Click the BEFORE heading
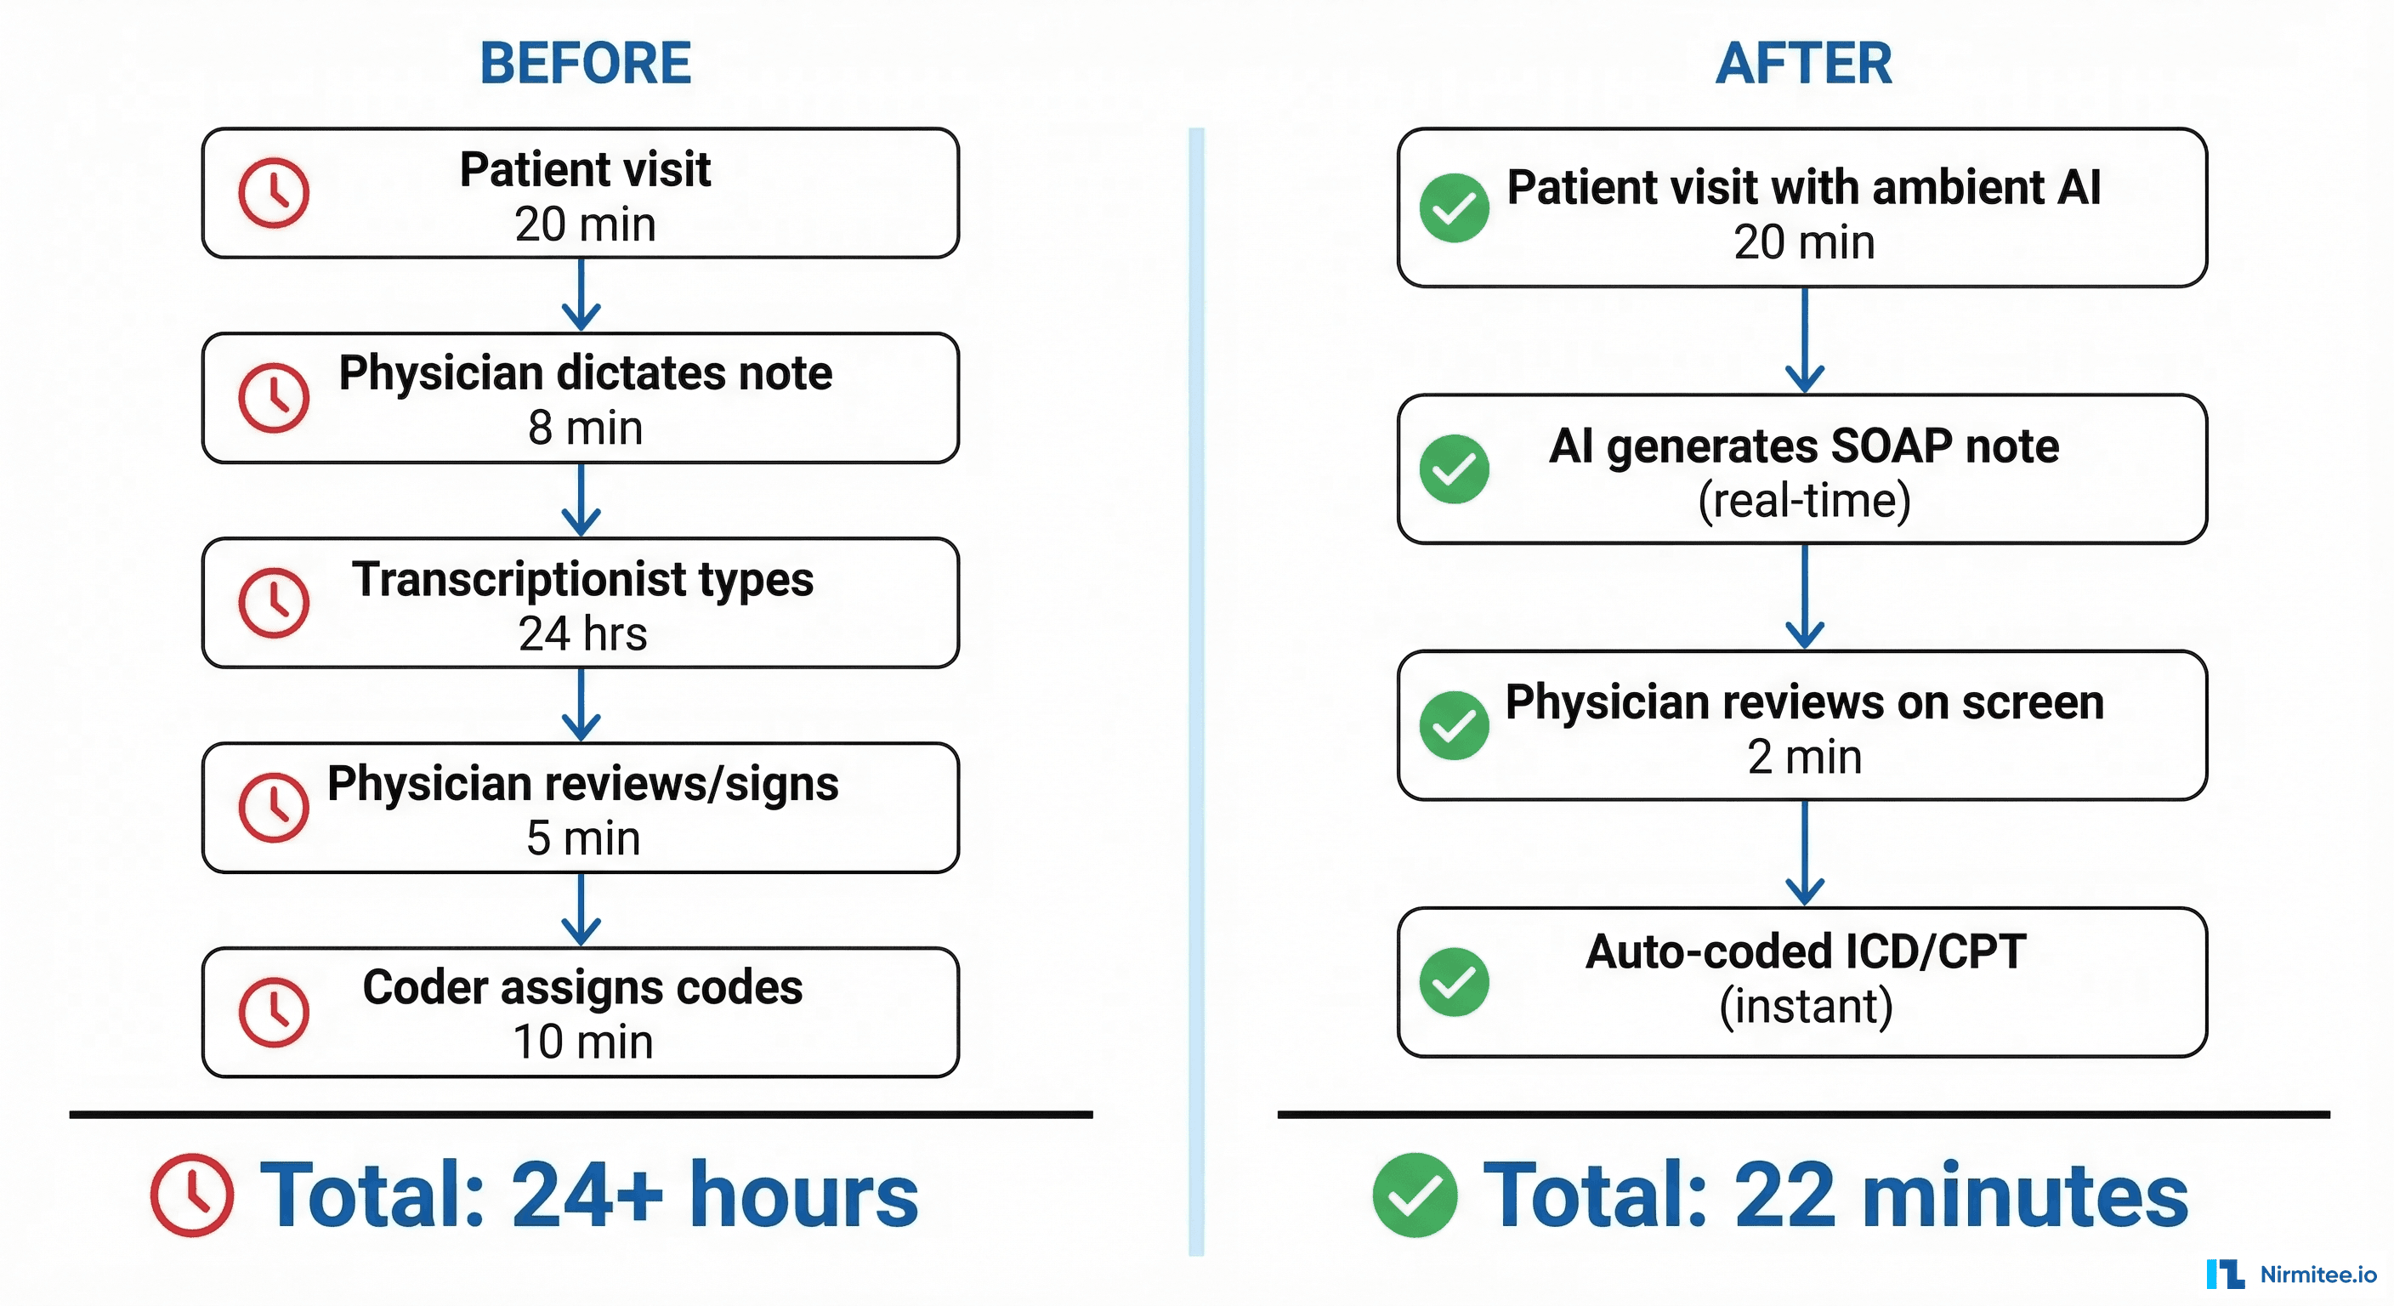585,63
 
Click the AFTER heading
1803,63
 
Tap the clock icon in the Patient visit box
273,193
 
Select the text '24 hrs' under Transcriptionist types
582,634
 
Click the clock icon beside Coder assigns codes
273,1011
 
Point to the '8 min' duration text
585,429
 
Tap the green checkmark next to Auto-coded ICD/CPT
1454,981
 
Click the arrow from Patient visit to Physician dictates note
581,296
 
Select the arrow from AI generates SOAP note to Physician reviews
1804,597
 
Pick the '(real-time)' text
1804,501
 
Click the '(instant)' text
1805,1007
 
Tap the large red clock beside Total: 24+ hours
192,1195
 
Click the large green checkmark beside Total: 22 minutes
1415,1195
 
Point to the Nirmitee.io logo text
2317,1275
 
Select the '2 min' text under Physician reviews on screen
1804,757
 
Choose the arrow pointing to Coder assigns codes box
581,910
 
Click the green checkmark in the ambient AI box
1454,207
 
